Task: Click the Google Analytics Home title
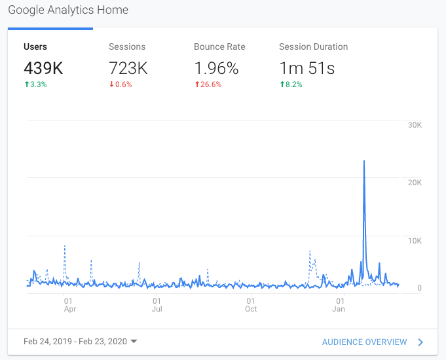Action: [68, 10]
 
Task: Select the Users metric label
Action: [35, 47]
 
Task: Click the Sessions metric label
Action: [127, 47]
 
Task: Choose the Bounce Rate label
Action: [219, 47]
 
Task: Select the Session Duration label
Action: [313, 47]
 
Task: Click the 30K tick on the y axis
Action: [415, 125]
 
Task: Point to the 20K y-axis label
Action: [415, 183]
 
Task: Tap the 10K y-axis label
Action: [415, 241]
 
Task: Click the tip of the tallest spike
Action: [363, 161]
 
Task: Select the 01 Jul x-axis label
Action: [157, 304]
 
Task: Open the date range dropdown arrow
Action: [134, 342]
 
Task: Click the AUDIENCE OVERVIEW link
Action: [364, 342]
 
